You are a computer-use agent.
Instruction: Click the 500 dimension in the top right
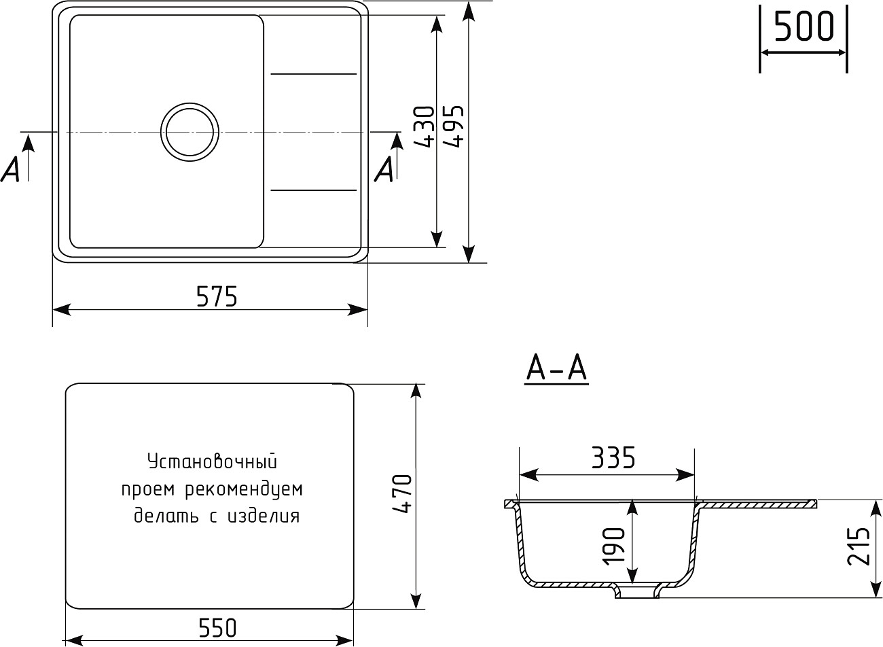(x=803, y=27)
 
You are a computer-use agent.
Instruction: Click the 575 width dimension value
(x=217, y=296)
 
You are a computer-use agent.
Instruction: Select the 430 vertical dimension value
(x=424, y=127)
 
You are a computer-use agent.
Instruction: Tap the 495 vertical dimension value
(x=453, y=127)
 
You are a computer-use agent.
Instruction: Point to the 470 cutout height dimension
(x=402, y=493)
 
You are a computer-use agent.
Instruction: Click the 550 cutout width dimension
(x=218, y=628)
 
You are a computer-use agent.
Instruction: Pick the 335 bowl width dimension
(x=613, y=458)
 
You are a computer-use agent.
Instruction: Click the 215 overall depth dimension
(x=859, y=546)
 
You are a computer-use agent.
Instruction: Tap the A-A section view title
(x=556, y=370)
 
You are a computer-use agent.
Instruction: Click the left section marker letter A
(x=11, y=170)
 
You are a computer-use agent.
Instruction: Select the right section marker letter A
(x=384, y=170)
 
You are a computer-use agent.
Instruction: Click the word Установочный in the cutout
(x=213, y=462)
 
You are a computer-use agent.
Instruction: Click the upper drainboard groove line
(x=314, y=73)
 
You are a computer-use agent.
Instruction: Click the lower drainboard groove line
(x=314, y=190)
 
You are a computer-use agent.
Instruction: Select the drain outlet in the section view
(x=637, y=591)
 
